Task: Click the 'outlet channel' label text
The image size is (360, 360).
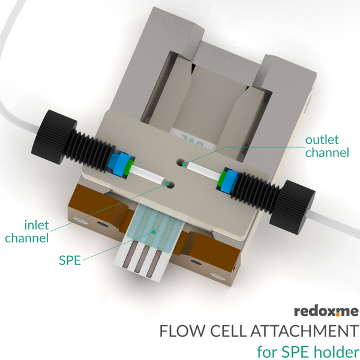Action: (327, 146)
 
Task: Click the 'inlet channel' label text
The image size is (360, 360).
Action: (27, 232)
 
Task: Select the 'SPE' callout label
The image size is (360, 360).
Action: (70, 260)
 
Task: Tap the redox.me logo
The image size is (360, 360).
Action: (326, 311)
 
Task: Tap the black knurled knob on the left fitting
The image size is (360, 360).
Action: (53, 137)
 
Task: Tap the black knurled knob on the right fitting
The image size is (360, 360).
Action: (292, 203)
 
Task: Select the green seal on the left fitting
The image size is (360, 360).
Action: (130, 167)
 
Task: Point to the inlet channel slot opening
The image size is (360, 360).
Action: (169, 184)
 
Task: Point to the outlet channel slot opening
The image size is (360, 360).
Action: (183, 163)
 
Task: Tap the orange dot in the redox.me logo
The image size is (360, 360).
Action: (338, 315)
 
